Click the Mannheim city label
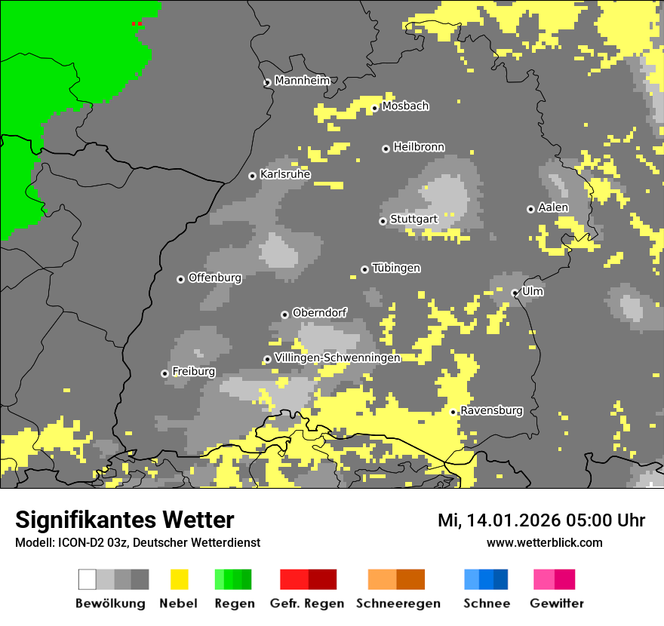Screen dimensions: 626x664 [302, 81]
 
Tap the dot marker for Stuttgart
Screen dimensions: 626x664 [383, 221]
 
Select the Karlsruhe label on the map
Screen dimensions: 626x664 [285, 174]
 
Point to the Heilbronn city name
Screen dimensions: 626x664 [419, 147]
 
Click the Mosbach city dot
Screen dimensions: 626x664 [374, 108]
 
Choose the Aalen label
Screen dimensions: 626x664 [553, 207]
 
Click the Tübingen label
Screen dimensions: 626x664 [396, 269]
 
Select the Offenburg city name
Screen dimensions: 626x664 [215, 278]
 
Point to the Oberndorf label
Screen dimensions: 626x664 [319, 312]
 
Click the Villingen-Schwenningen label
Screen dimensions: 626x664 [337, 357]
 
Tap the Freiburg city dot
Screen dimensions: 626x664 [164, 373]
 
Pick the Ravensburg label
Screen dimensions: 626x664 [491, 411]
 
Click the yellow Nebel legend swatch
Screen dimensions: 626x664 [179, 579]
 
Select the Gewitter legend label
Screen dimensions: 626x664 [556, 603]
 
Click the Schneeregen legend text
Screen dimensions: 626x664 [398, 603]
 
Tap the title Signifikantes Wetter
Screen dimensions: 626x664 [124, 520]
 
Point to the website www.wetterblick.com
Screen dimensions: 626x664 [544, 542]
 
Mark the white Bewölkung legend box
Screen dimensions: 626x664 [88, 579]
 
